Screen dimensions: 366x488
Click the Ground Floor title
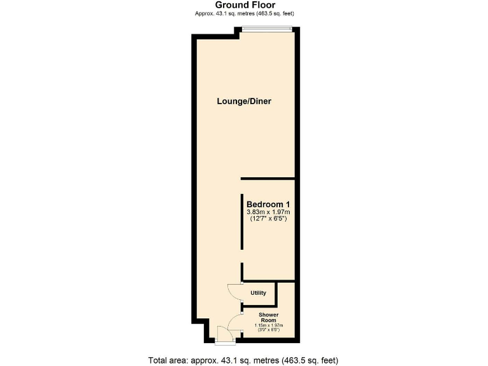click(x=245, y=5)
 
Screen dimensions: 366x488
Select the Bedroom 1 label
click(x=268, y=204)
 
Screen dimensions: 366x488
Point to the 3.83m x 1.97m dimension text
click(x=268, y=212)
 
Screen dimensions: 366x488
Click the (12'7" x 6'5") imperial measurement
click(x=268, y=219)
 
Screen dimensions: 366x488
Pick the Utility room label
click(x=258, y=293)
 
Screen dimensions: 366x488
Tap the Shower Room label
click(x=268, y=317)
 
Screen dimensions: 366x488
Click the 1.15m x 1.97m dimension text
click(x=268, y=325)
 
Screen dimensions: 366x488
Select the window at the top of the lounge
click(x=266, y=27)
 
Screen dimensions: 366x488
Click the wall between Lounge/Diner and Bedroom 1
click(x=267, y=179)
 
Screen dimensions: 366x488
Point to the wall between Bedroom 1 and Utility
click(x=268, y=281)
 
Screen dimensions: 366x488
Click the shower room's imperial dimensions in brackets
click(x=268, y=330)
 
